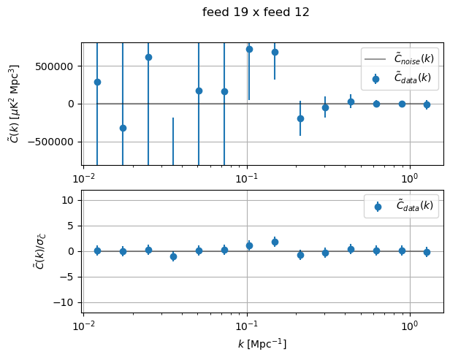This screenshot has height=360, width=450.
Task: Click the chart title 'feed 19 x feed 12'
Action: point(256,12)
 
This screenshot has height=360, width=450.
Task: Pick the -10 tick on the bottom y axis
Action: point(68,302)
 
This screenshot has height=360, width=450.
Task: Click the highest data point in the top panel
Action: point(249,49)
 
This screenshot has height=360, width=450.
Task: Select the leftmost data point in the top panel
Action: point(97,82)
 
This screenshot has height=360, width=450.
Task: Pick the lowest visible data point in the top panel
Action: point(123,128)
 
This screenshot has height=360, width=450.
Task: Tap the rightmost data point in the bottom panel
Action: point(427,252)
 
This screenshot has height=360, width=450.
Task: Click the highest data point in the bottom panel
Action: point(275,242)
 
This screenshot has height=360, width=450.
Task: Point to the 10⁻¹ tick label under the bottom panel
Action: point(247,325)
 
